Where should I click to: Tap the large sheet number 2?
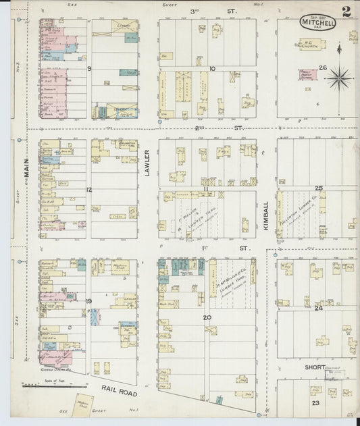tap(346, 11)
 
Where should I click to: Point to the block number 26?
tap(323, 68)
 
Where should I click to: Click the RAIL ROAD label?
tap(120, 390)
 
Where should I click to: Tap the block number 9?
tap(88, 69)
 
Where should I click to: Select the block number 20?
tap(207, 317)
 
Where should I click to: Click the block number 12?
tap(88, 190)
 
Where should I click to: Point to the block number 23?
tap(315, 402)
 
